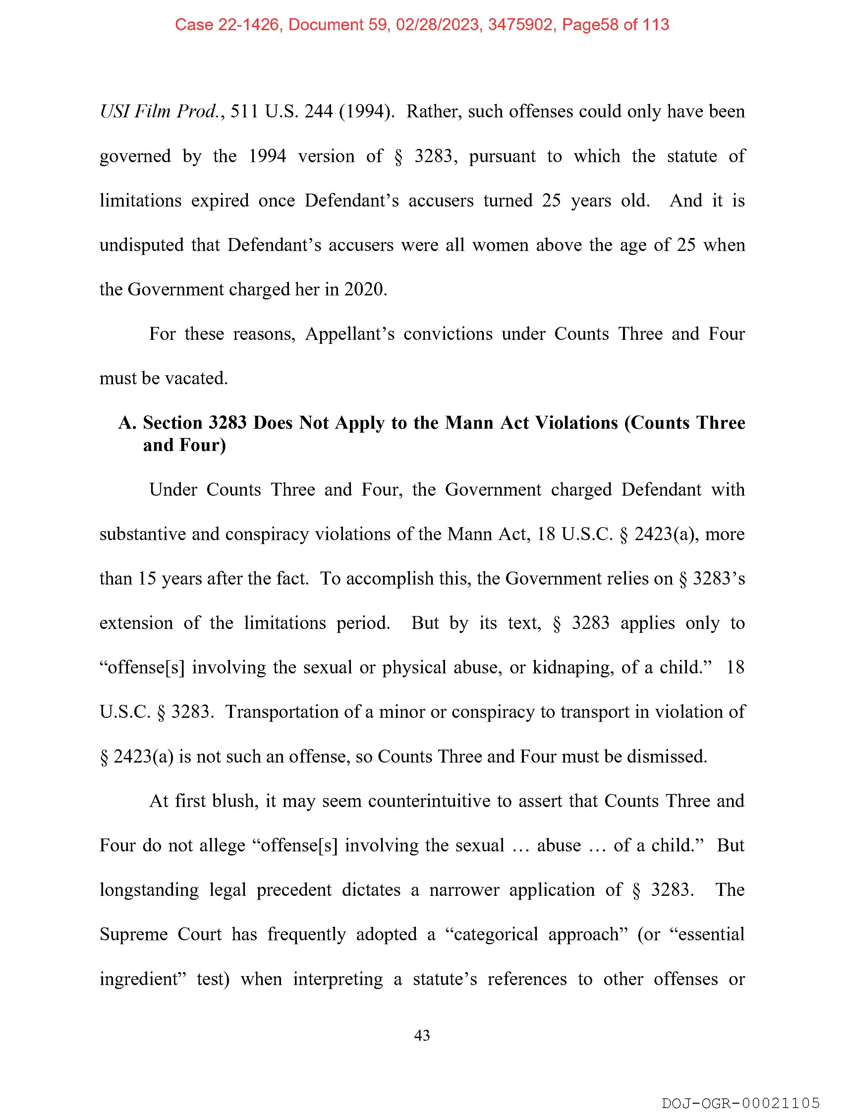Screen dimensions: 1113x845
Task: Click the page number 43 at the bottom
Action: click(x=422, y=1035)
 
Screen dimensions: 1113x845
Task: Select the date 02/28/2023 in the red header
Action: click(x=437, y=25)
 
